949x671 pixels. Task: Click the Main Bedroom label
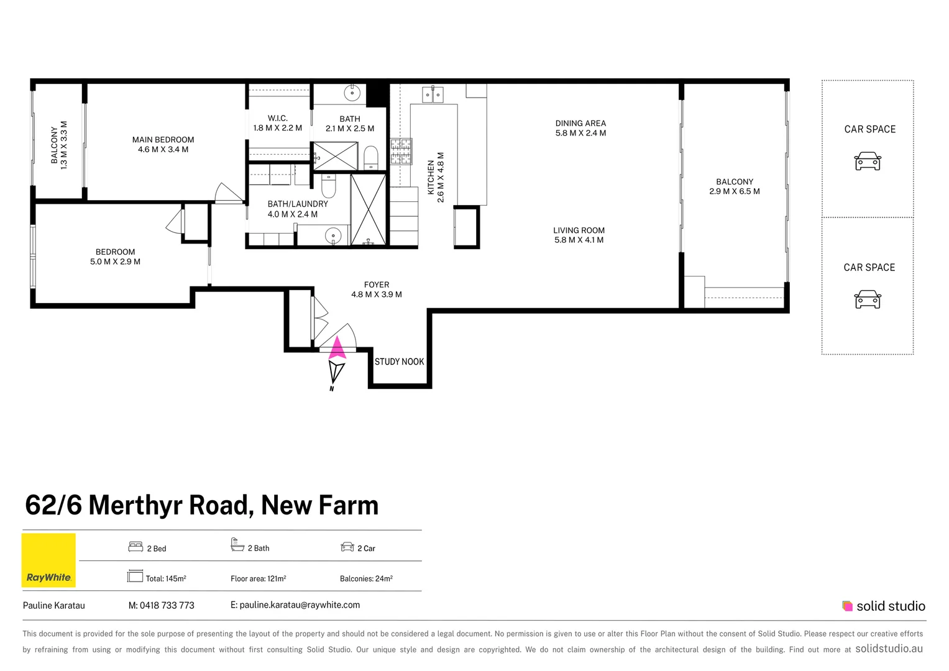coord(163,140)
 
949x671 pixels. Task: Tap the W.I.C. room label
coord(277,118)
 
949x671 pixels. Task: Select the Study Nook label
coord(399,362)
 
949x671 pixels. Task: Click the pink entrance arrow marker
coord(337,347)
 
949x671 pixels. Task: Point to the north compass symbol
coord(336,373)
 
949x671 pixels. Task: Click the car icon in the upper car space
coord(868,162)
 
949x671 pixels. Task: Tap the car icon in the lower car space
coord(868,299)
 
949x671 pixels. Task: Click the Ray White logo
coord(48,560)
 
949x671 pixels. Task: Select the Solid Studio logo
coord(883,606)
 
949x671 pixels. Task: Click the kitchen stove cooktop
coord(401,151)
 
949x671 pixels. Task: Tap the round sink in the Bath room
coord(352,94)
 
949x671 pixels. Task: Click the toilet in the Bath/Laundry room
coord(329,186)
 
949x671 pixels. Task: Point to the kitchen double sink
coord(433,95)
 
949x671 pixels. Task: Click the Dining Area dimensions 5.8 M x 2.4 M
coord(580,133)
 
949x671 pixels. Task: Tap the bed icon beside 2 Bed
coord(135,547)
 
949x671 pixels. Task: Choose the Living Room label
coord(579,231)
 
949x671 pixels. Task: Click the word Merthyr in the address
coord(170,506)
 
